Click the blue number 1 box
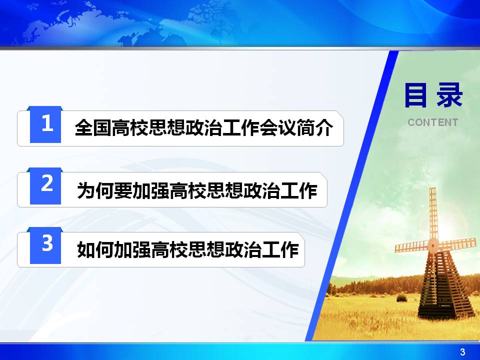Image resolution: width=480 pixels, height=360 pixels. coord(45,124)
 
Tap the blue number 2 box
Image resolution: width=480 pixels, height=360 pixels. coord(45,186)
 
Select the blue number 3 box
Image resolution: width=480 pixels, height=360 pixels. coord(45,245)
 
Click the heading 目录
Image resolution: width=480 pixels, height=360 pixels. coord(433,95)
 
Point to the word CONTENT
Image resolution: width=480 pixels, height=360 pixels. coord(433,122)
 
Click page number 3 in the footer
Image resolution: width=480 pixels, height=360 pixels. coord(462,351)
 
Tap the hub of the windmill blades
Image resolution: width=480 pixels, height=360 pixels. coord(433,244)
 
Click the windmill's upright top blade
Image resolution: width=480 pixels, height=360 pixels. coord(433,213)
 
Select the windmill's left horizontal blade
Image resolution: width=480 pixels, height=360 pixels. coord(411,246)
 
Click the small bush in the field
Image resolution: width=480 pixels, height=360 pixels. coord(401,297)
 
